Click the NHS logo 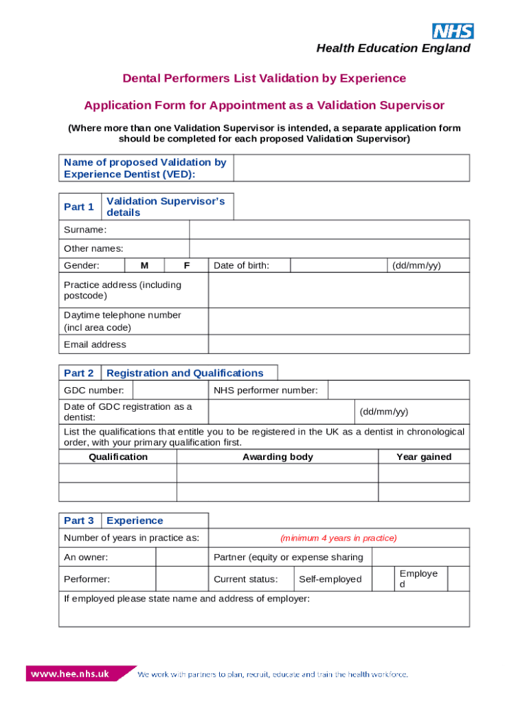(x=453, y=31)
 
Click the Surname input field (x=329, y=230)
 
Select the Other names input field (x=329, y=248)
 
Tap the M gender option (x=144, y=265)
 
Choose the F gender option (x=187, y=265)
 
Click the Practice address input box (x=339, y=290)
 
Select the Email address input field (x=339, y=344)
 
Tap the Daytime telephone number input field (x=339, y=321)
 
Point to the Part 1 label (x=79, y=207)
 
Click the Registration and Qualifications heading (x=185, y=373)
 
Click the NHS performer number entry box (x=398, y=390)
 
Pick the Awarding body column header (x=278, y=456)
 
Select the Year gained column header (x=424, y=456)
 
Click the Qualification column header (x=118, y=456)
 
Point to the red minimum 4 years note (x=339, y=538)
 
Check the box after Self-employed (x=383, y=579)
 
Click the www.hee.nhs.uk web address (x=69, y=674)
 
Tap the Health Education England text (x=393, y=48)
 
